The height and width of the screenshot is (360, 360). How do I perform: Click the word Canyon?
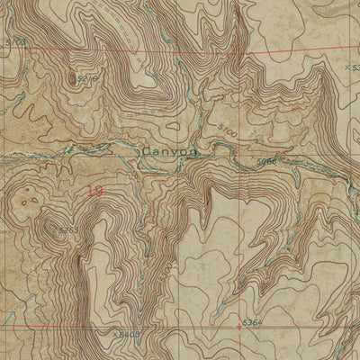coord(169,152)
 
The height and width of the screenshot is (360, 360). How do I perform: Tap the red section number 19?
coord(94,191)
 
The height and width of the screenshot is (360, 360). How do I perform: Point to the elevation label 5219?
coord(87,79)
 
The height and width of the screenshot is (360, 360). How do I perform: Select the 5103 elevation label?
coord(15,41)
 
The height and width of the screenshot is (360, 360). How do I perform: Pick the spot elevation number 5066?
coord(266,161)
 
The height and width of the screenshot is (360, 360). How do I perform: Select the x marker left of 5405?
coord(115,334)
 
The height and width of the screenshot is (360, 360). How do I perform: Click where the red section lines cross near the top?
coord(239,51)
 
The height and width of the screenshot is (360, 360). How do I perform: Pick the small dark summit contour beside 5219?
coord(72,78)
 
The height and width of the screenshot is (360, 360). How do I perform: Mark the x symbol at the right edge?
coord(347,66)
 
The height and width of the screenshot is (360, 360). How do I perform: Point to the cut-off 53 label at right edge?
coord(355,66)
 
